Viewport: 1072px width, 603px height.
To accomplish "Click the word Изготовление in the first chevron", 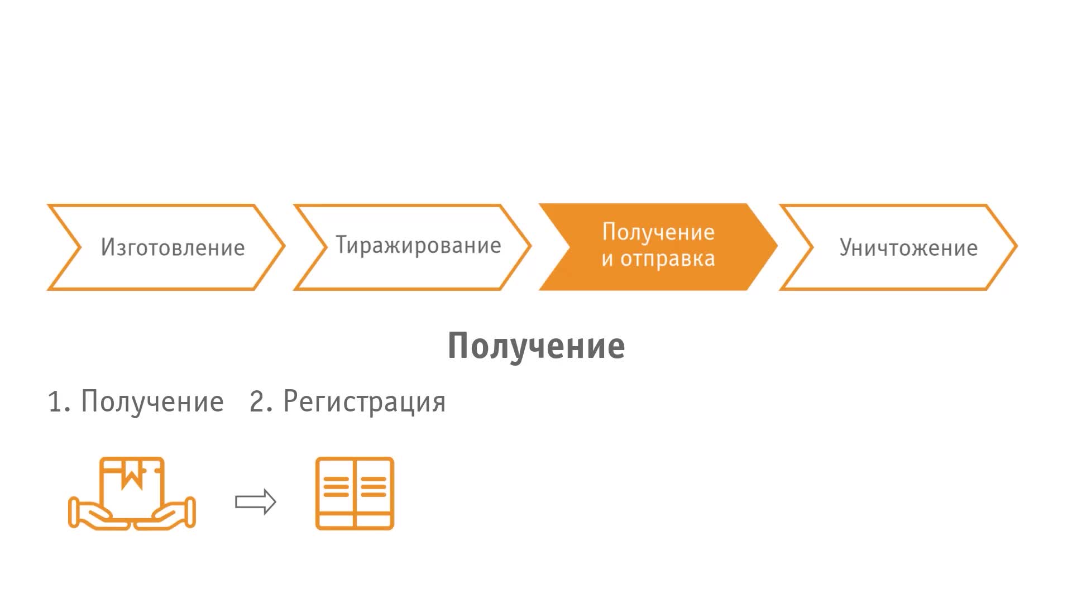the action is [x=173, y=247].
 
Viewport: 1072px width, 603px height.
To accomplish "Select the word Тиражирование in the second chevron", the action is [x=418, y=246].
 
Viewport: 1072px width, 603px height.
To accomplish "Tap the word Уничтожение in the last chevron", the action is [x=908, y=248].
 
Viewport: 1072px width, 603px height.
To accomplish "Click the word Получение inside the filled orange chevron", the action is [x=658, y=232].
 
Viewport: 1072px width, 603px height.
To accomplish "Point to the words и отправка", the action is [x=658, y=259].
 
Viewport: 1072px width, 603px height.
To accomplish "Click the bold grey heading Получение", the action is [x=536, y=346].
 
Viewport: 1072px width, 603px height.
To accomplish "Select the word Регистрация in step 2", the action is [x=365, y=401].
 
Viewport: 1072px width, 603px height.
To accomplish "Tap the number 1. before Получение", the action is [x=59, y=402].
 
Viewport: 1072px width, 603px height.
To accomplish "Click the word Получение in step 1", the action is [x=152, y=401].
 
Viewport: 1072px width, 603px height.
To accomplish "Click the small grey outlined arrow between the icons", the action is [x=256, y=502].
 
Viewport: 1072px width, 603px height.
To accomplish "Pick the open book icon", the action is [x=355, y=494].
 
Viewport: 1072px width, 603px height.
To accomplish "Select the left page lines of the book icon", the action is [x=336, y=486].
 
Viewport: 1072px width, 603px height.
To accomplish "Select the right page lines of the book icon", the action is [x=374, y=486].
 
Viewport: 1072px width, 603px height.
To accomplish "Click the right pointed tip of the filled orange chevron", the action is [x=777, y=246].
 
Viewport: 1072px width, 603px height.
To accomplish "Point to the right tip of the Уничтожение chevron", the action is [x=1017, y=246].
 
